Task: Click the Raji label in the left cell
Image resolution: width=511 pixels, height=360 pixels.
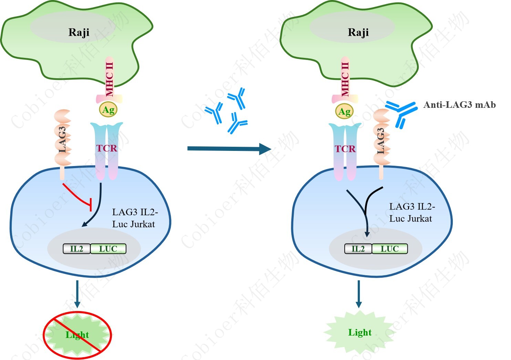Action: (79, 32)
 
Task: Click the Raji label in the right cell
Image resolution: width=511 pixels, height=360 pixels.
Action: (358, 32)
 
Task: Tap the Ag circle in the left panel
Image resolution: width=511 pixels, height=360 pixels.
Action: (108, 110)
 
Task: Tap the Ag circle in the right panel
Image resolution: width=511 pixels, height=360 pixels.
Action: (344, 112)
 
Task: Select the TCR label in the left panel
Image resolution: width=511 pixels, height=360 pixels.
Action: (107, 148)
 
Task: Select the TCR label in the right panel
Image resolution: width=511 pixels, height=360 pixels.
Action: (345, 149)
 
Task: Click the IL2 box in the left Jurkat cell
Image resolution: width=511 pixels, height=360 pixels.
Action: (76, 249)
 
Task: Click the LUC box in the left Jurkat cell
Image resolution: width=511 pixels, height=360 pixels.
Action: (108, 249)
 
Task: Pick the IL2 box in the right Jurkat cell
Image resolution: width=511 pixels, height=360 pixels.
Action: (358, 249)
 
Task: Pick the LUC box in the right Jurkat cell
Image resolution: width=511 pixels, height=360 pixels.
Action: (390, 249)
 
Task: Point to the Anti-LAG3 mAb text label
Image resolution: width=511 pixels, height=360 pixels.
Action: (459, 105)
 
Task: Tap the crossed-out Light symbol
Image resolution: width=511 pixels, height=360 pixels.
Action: (77, 335)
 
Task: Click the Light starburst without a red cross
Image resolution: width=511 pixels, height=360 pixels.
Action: (360, 332)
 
